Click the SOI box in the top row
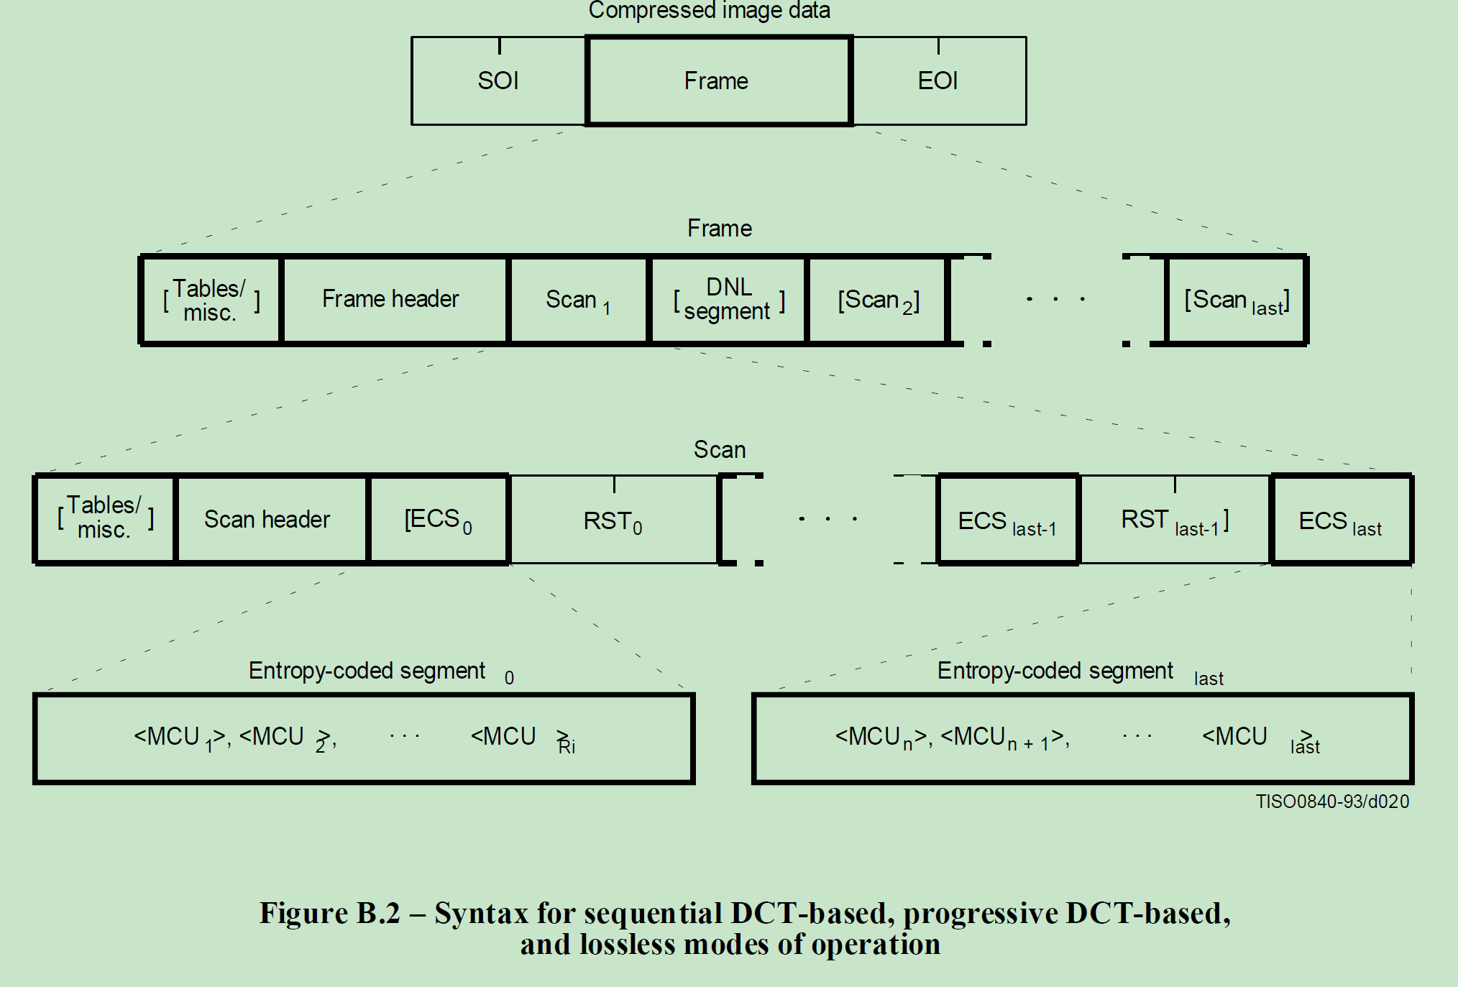498,81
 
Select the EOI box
938,81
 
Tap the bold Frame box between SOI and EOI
718,81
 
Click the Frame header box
392,299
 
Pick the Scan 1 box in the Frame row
577,299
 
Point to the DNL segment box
728,299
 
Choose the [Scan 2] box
878,299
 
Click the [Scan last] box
1236,299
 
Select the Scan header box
268,519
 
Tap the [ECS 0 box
438,519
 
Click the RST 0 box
613,520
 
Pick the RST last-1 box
1175,520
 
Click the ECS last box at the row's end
1341,520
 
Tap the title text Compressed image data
709,10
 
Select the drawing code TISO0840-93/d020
1331,802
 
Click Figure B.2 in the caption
329,913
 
